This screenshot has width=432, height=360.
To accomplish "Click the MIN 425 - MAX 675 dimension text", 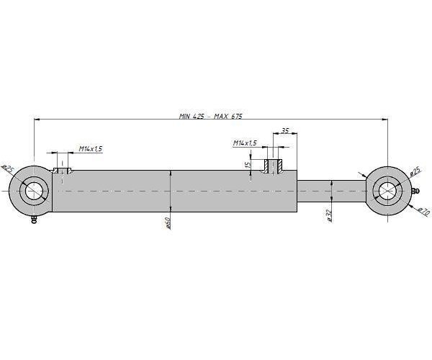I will (209, 117).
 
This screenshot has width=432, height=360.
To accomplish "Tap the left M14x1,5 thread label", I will (91, 148).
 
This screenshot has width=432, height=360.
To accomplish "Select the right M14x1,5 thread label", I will (245, 143).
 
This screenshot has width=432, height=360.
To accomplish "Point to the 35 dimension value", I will (285, 131).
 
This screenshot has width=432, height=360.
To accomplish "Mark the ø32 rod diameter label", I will (328, 216).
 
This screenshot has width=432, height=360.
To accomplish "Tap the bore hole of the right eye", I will (387, 190).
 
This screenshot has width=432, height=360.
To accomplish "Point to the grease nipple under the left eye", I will (34, 222).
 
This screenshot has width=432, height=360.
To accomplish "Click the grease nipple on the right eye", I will (415, 192).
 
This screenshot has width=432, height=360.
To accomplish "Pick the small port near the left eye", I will (63, 171).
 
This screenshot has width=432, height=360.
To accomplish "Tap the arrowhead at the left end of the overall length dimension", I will (37, 120).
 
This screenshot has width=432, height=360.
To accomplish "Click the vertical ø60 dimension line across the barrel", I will (169, 192).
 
